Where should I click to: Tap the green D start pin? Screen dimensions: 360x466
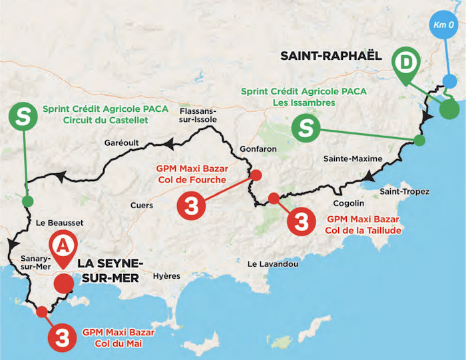click(403, 64)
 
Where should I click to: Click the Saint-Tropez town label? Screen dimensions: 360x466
click(404, 192)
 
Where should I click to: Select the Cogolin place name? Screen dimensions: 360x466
click(349, 203)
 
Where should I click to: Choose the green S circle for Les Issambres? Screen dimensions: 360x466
click(306, 127)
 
